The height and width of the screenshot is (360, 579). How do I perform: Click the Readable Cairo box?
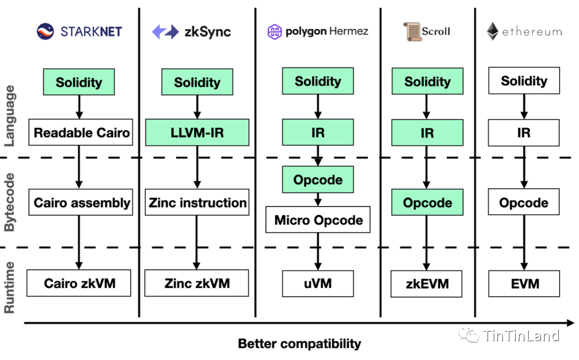[80, 132]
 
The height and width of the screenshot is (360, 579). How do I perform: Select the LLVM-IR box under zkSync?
[197, 132]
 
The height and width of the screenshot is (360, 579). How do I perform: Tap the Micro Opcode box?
[318, 219]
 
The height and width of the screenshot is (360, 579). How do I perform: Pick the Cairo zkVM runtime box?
[79, 283]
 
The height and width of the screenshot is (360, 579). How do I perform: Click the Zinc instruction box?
[197, 202]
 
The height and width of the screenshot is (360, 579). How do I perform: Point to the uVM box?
[318, 283]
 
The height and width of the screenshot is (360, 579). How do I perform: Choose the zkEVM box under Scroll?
[427, 284]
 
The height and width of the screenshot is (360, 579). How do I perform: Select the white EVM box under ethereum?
[524, 283]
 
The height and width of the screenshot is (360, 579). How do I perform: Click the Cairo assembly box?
[80, 202]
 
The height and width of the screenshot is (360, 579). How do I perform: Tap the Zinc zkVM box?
[196, 283]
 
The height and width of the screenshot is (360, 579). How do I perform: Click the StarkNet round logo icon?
[45, 32]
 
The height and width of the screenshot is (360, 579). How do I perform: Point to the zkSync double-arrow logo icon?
[166, 32]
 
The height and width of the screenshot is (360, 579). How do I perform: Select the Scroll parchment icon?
[412, 32]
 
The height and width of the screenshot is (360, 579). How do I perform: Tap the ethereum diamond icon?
[493, 32]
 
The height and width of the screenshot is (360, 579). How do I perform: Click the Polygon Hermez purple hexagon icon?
[274, 32]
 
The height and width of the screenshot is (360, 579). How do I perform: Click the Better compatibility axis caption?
[300, 343]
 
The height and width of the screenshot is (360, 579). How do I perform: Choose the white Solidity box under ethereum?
[524, 80]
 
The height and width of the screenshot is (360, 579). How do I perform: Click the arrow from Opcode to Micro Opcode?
[318, 200]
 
